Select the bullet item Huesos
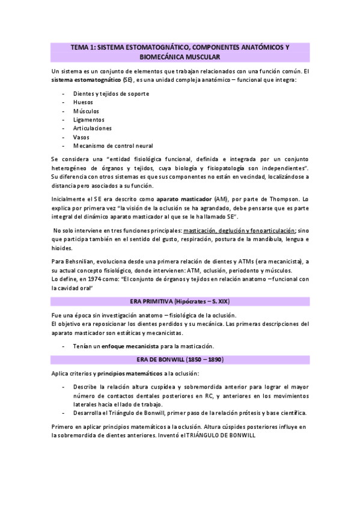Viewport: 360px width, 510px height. [x=83, y=103]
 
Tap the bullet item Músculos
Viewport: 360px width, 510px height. [x=86, y=111]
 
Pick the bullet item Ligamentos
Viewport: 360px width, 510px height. [x=88, y=120]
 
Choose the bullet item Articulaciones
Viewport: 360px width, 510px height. [x=92, y=128]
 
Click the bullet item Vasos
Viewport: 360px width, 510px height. [x=82, y=137]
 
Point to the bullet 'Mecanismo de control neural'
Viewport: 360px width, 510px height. [x=113, y=146]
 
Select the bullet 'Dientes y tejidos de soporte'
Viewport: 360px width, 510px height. [x=111, y=94]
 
